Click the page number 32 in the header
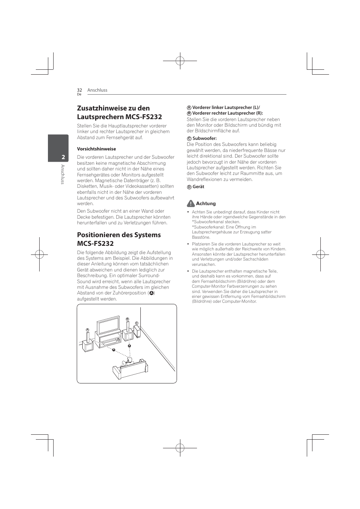pyautogui.click(x=79, y=90)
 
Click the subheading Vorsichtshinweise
pyautogui.click(x=96, y=149)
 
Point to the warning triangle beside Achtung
pyautogui.click(x=191, y=204)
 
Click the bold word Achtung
pyautogui.click(x=206, y=204)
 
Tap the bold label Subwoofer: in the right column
pyautogui.click(x=205, y=138)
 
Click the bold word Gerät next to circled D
pyautogui.click(x=198, y=187)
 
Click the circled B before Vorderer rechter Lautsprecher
pyautogui.click(x=189, y=113)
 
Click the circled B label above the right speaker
pyautogui.click(x=128, y=319)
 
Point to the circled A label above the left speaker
pyautogui.click(x=87, y=330)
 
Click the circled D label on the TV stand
pyautogui.click(x=118, y=340)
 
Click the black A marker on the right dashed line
pyautogui.click(x=129, y=345)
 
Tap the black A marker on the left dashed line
pyautogui.click(x=113, y=350)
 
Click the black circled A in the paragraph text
pyautogui.click(x=151, y=293)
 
